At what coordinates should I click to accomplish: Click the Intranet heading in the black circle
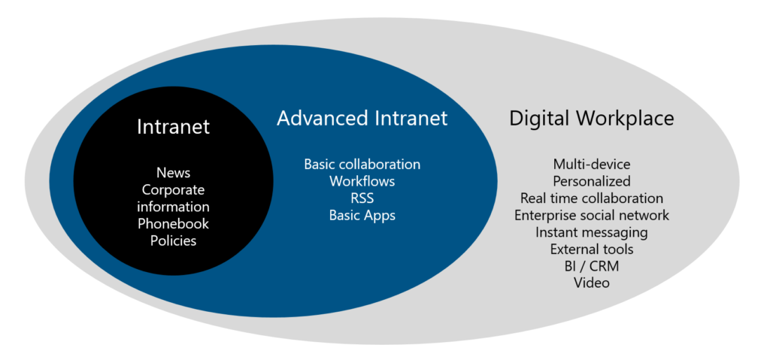tap(173, 127)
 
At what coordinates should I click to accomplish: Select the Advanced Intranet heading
tap(362, 118)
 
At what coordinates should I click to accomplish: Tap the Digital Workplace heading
tap(591, 118)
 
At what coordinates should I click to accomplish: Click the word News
tap(173, 172)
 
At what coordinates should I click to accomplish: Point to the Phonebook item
tap(173, 224)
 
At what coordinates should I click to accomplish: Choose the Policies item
tap(173, 241)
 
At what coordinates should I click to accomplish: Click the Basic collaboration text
tap(362, 164)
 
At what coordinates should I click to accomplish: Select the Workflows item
tap(362, 181)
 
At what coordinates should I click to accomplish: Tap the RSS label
tap(362, 198)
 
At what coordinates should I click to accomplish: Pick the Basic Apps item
tap(362, 216)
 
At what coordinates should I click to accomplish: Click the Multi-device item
tap(591, 164)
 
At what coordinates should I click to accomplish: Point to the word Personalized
tap(591, 181)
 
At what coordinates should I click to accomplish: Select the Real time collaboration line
tap(591, 198)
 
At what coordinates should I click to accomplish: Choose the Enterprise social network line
tap(591, 216)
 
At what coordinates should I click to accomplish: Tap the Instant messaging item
tap(591, 233)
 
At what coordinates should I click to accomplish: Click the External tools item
tap(591, 250)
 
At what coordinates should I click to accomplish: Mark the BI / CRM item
tap(591, 267)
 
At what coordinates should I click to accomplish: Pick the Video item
tap(591, 283)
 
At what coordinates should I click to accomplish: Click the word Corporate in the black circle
tap(173, 189)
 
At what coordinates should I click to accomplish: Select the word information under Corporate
tap(173, 207)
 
